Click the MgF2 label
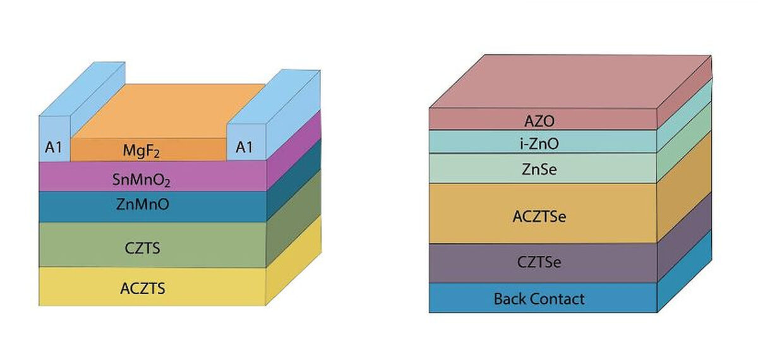coord(148,151)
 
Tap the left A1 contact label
coord(54,148)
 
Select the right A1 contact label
coord(244,148)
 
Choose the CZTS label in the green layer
coord(143,248)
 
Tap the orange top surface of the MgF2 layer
coord(167,111)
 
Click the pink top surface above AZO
coord(568,82)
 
